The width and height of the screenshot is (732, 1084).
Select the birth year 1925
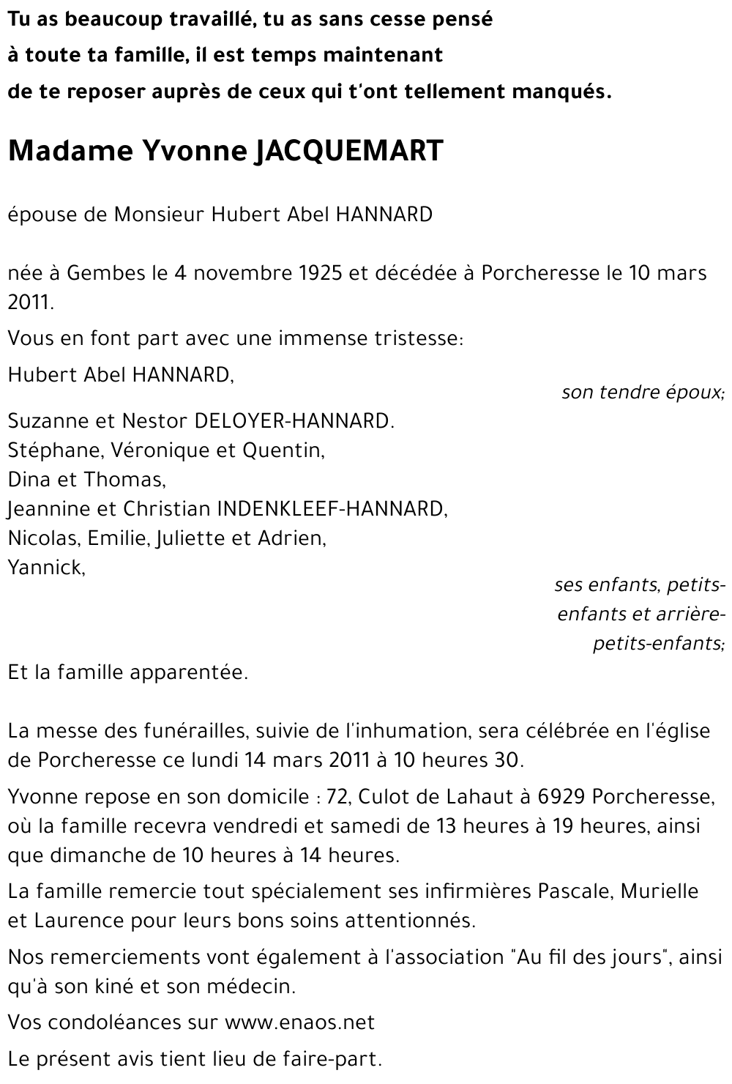tap(321, 273)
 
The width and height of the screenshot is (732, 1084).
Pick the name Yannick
tap(45, 568)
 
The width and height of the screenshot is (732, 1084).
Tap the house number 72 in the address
tap(337, 796)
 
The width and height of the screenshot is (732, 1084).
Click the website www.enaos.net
tap(299, 1022)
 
